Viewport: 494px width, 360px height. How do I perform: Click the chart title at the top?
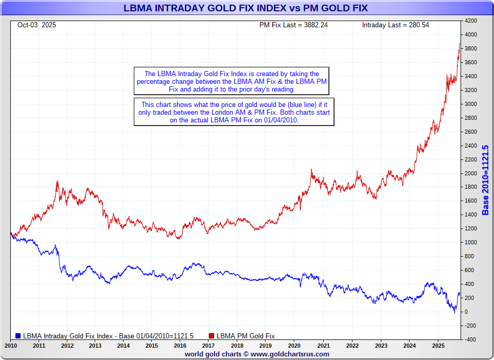tap(245, 8)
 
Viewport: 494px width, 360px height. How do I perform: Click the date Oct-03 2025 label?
tap(37, 25)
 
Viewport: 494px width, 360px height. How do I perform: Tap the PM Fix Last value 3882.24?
tap(293, 25)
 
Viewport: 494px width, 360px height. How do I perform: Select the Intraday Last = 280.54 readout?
tap(395, 25)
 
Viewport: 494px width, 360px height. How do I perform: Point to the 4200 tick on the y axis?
tap(471, 21)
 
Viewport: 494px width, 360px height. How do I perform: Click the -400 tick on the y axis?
tap(471, 339)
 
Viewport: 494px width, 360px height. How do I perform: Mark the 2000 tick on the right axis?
tap(471, 173)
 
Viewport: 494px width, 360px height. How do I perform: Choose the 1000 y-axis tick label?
tap(471, 242)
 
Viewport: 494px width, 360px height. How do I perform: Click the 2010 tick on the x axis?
tap(11, 345)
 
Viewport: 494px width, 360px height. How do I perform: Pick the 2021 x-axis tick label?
tap(324, 345)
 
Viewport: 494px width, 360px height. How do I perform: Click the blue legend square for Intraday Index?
tap(19, 336)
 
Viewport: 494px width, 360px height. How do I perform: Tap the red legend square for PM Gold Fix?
tap(211, 336)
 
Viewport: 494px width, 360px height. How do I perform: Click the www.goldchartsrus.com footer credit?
tap(257, 354)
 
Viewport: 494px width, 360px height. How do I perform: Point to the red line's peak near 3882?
tap(460, 43)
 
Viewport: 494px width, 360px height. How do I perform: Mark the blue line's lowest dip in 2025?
tap(454, 312)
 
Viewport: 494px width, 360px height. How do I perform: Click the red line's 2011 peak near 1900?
tap(58, 181)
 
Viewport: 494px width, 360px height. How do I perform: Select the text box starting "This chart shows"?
tap(234, 112)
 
